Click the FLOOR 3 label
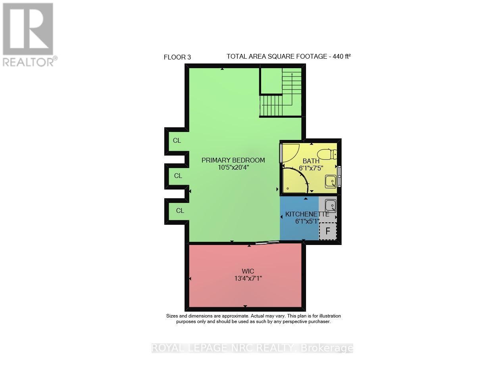[x=177, y=57]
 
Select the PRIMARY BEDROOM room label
[x=233, y=160]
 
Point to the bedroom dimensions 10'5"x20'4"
[x=233, y=168]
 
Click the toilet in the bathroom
[x=328, y=154]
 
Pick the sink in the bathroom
[x=331, y=182]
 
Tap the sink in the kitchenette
[x=330, y=205]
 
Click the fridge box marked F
[x=328, y=231]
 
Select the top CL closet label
[x=177, y=140]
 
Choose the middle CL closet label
[x=178, y=176]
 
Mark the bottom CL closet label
[x=180, y=210]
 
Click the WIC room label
[x=248, y=272]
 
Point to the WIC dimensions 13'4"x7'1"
[x=248, y=279]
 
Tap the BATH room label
[x=311, y=161]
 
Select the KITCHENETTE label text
[x=307, y=214]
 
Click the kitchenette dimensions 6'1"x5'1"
[x=307, y=222]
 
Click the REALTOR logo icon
[x=28, y=29]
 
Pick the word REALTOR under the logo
[x=28, y=61]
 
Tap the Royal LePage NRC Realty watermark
[x=252, y=348]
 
